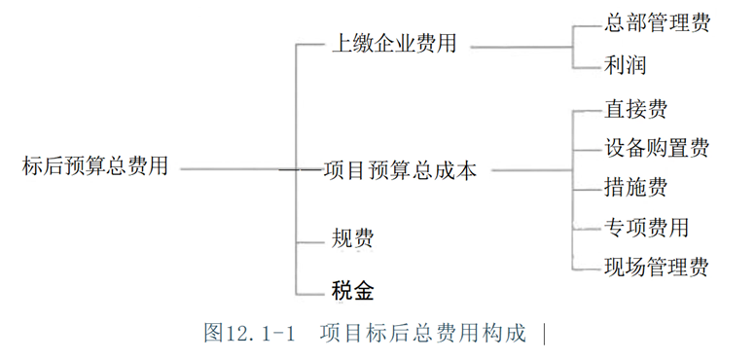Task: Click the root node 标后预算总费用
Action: click(x=94, y=166)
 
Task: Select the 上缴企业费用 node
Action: click(x=394, y=45)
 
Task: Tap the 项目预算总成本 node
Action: click(x=399, y=170)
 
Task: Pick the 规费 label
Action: click(x=352, y=237)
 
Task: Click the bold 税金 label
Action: click(x=352, y=291)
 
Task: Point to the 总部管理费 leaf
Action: click(x=657, y=23)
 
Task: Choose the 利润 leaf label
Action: click(x=625, y=65)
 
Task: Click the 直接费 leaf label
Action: click(x=635, y=109)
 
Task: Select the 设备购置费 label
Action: click(x=657, y=147)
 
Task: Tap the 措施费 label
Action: click(x=635, y=187)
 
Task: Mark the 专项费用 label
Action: click(x=646, y=227)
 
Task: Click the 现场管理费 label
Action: click(x=657, y=268)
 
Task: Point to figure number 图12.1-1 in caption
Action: click(x=249, y=333)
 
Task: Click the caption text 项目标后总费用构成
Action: click(x=423, y=333)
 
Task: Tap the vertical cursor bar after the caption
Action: click(x=545, y=334)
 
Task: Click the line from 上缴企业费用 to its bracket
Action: click(x=521, y=47)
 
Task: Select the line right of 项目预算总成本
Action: click(x=532, y=170)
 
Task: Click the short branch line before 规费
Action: click(x=310, y=241)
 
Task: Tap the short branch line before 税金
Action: click(x=310, y=295)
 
